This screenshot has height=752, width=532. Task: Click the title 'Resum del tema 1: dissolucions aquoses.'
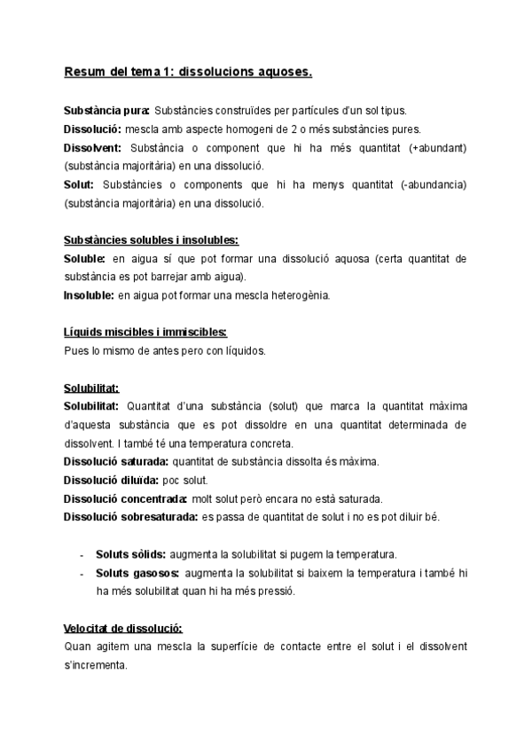coord(188,74)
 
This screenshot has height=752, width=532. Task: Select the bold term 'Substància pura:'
coord(106,111)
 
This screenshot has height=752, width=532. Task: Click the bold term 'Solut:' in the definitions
coord(80,184)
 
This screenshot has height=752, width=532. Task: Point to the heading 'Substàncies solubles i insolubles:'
coord(151,239)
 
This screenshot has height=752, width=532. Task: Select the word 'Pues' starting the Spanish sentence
coord(75,350)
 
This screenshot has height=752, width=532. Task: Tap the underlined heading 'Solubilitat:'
coord(91,387)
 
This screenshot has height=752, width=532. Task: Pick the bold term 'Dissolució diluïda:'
coord(113,479)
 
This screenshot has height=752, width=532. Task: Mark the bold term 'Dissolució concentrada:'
coord(125,497)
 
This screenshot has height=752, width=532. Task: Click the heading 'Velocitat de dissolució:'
coord(123,627)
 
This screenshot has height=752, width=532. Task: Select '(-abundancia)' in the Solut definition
coord(433,184)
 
